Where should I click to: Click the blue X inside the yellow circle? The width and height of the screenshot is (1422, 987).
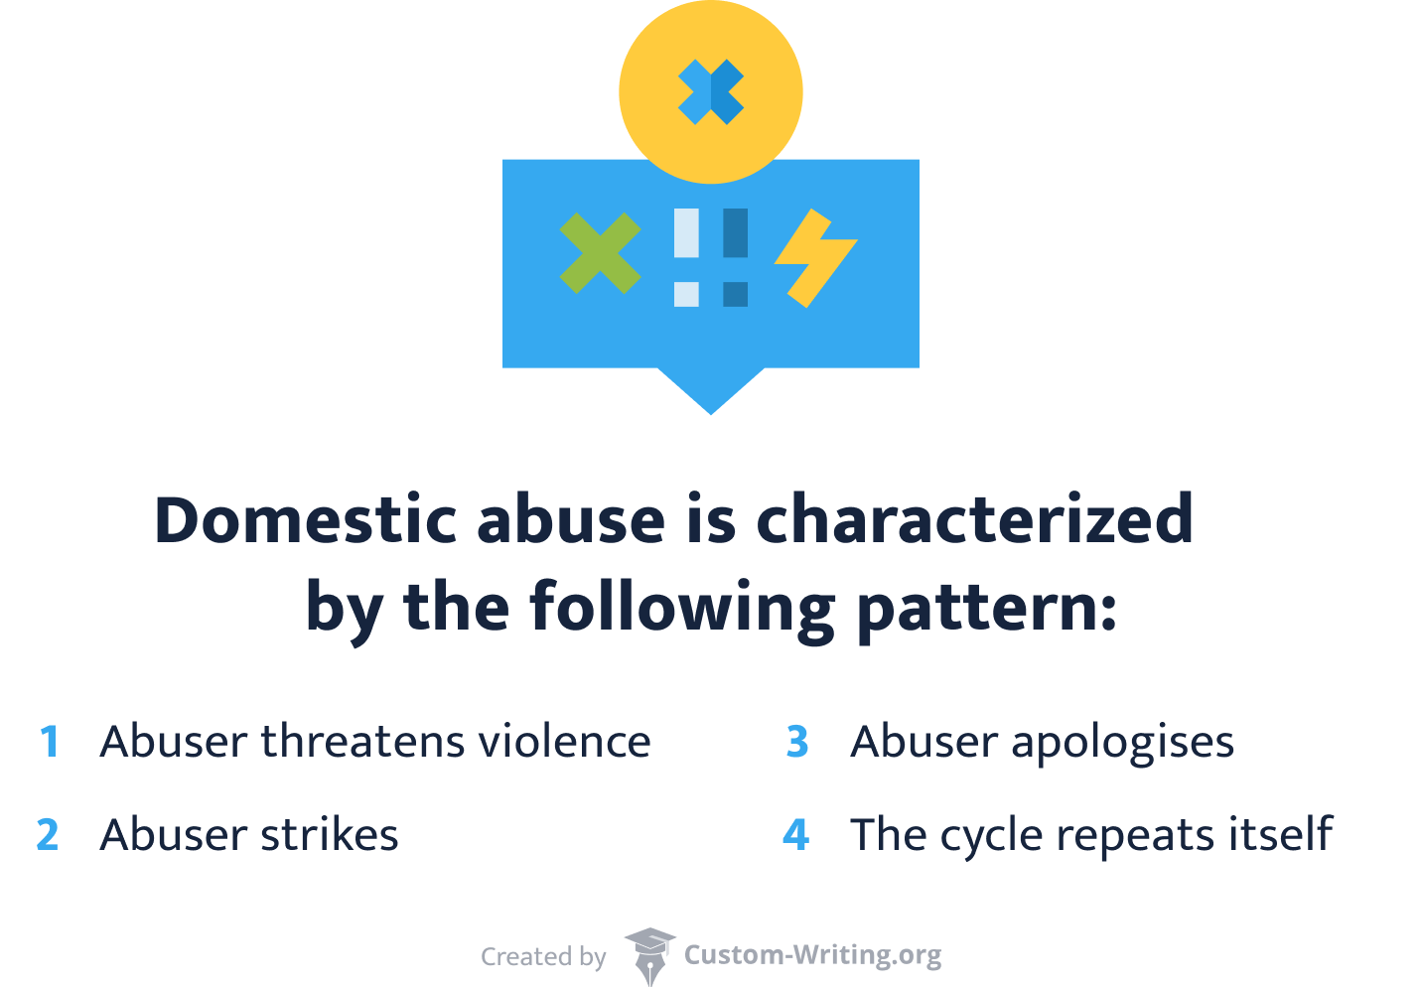coord(710,92)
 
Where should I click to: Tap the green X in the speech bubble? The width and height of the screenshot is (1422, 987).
coord(600,253)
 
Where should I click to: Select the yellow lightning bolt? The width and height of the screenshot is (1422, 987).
coord(814,256)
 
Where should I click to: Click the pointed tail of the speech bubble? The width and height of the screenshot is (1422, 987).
coord(711,392)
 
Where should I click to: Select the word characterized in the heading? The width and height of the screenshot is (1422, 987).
coord(974,519)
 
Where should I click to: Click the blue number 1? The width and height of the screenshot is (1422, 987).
coord(50,743)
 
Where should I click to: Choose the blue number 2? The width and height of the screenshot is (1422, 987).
coord(48,835)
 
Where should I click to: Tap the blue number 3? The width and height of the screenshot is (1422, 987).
coord(797,743)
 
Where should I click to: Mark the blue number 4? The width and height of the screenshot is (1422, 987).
coord(796,835)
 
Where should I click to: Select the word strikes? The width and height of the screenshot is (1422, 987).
coord(329,835)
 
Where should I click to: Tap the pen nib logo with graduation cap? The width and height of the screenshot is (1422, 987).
coord(649,956)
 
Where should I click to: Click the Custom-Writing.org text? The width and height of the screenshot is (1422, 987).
coord(812,955)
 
